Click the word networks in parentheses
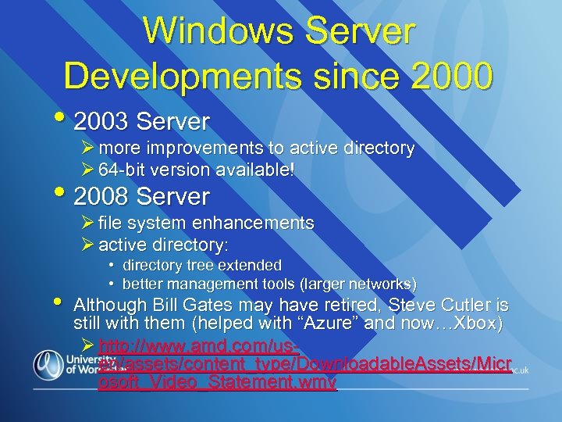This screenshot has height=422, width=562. (381, 284)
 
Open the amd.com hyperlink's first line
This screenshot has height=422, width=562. (199, 345)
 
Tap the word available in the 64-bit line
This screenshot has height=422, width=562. (258, 169)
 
